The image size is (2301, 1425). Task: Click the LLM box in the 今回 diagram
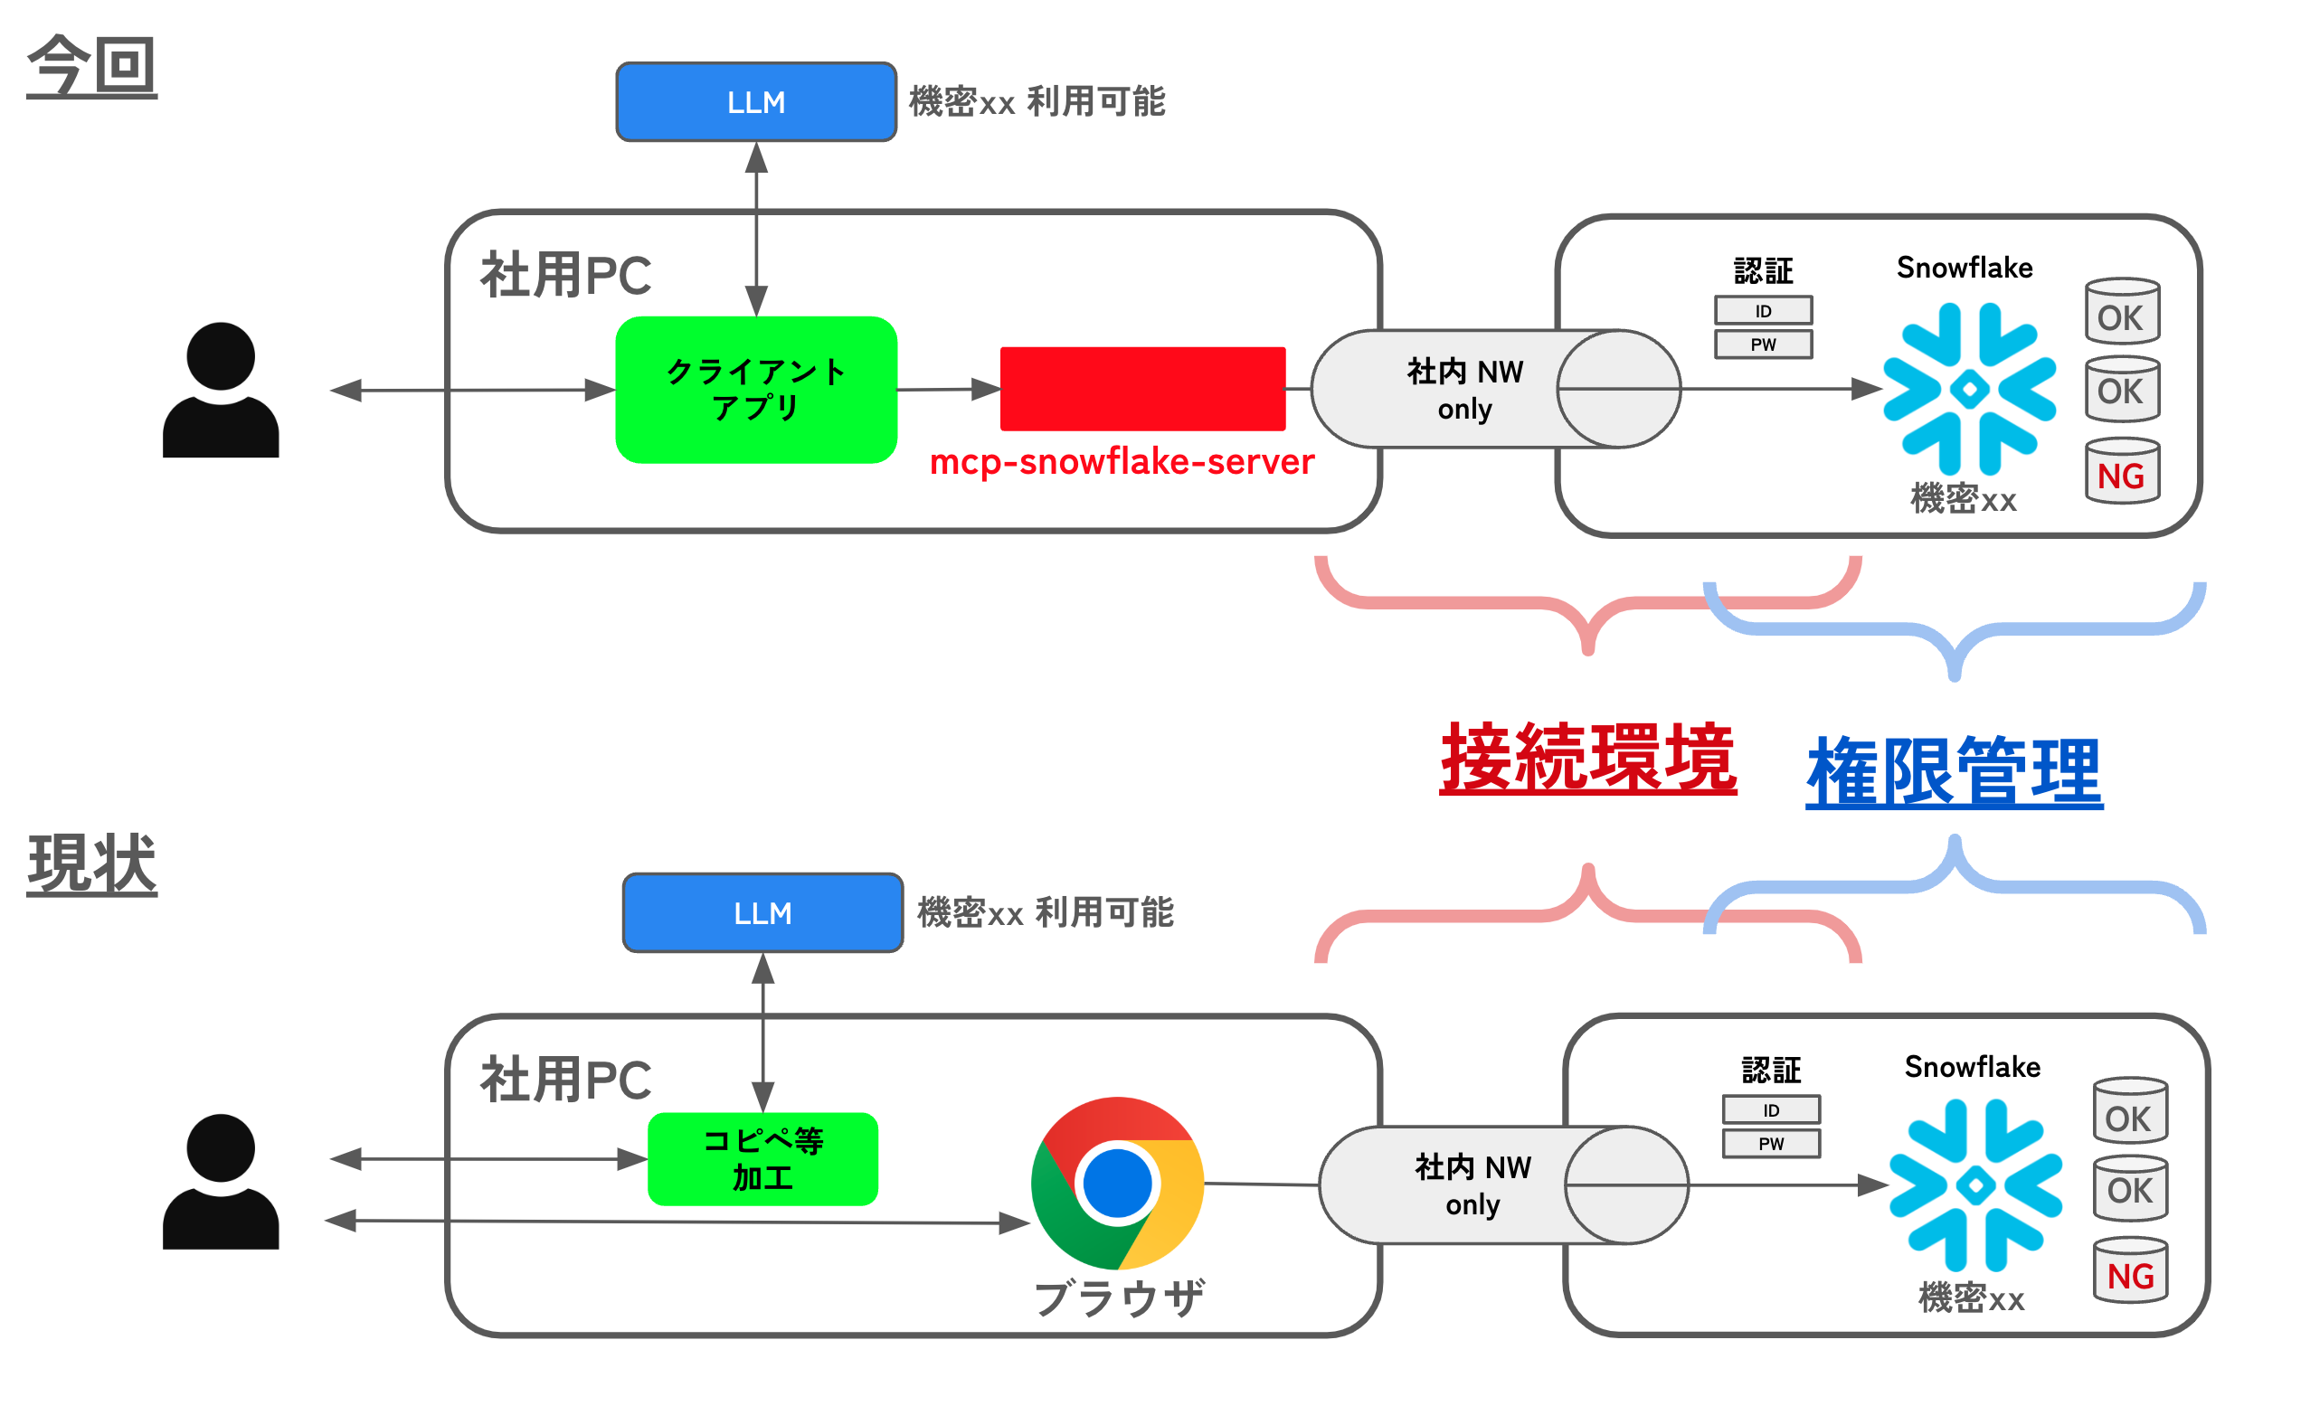click(x=755, y=102)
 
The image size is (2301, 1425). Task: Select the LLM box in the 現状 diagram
click(x=762, y=912)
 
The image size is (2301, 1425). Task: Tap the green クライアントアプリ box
click(x=755, y=389)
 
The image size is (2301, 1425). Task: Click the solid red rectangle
click(x=1141, y=388)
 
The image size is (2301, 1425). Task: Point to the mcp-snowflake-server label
click(x=1121, y=462)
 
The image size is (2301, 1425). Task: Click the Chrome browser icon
click(x=1117, y=1183)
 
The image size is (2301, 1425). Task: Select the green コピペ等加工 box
click(x=762, y=1158)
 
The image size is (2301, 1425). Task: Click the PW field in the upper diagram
click(x=1762, y=344)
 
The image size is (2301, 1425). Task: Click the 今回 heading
click(x=91, y=66)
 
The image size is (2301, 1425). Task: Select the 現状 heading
click(x=91, y=863)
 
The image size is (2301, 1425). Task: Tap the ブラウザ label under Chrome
click(x=1118, y=1298)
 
